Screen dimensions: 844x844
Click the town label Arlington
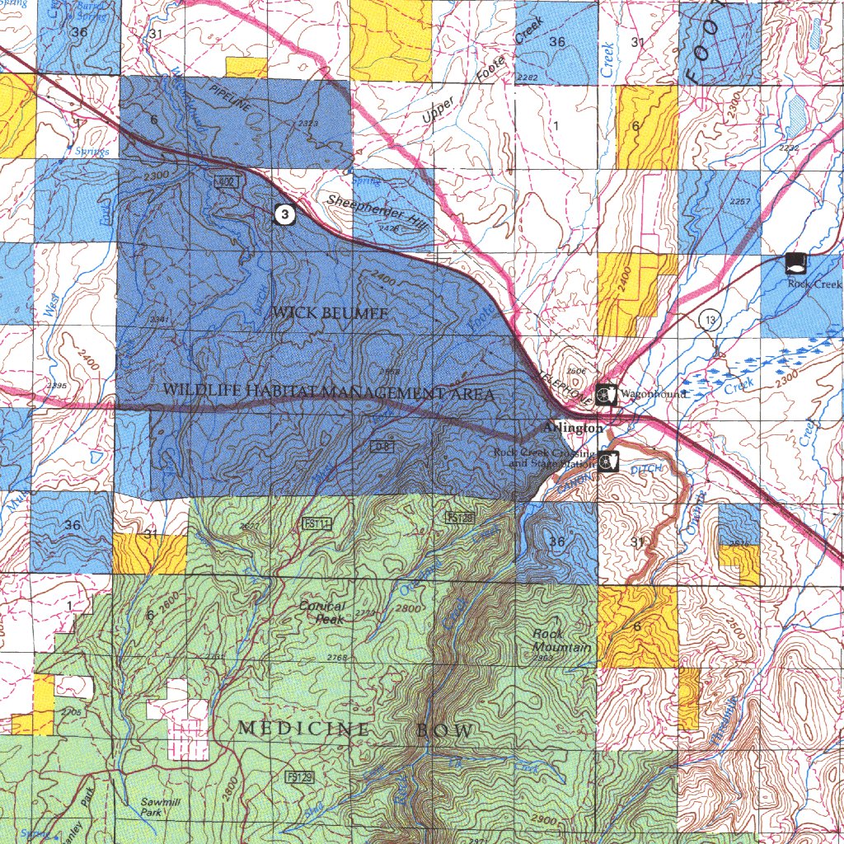(x=574, y=429)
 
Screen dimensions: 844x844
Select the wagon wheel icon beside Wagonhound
(x=607, y=395)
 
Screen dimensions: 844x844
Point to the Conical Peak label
(x=321, y=612)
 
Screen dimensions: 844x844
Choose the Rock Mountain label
(x=560, y=640)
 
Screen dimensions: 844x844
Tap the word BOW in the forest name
(x=444, y=731)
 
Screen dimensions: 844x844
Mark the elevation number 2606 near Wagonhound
(x=577, y=372)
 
